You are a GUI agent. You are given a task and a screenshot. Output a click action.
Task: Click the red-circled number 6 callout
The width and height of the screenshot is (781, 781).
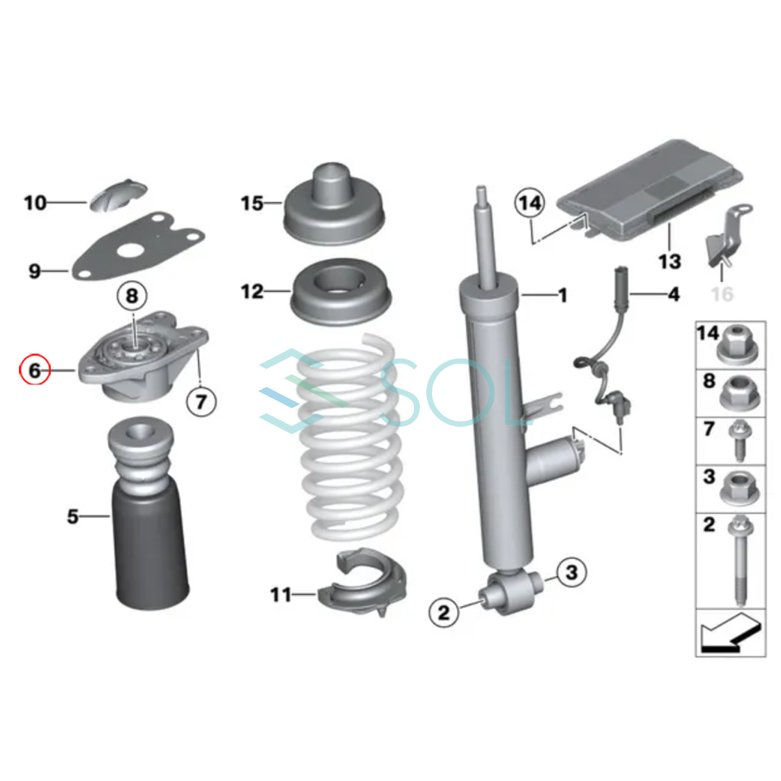coord(35,370)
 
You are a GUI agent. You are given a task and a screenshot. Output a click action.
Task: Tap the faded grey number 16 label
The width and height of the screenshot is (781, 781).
coord(722,294)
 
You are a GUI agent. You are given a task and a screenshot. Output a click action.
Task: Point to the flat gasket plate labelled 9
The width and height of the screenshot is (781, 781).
coord(138,247)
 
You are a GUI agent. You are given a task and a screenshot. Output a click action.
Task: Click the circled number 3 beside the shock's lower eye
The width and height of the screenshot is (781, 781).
coord(571,573)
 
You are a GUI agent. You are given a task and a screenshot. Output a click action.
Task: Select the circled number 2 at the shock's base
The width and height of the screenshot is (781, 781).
coord(444,612)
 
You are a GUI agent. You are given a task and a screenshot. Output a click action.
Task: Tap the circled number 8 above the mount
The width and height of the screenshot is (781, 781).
coord(132,296)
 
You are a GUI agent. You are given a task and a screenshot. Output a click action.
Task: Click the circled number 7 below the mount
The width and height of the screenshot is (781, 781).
coord(201,402)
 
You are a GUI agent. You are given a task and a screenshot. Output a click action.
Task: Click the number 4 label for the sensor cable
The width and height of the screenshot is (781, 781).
coord(673,294)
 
